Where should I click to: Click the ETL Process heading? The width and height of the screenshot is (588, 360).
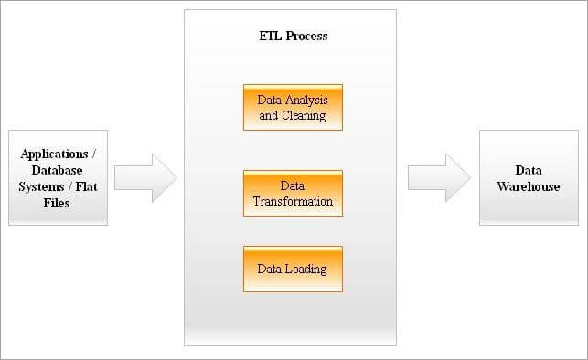pos(294,36)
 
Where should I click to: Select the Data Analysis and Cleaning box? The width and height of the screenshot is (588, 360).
pos(293,108)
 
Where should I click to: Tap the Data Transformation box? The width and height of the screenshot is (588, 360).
pos(293,194)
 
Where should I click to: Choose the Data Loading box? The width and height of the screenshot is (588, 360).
pos(293,269)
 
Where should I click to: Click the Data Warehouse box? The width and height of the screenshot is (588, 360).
pos(529,177)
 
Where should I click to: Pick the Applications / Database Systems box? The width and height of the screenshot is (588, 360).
pos(59,177)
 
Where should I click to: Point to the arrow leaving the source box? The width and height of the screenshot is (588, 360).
pos(145,177)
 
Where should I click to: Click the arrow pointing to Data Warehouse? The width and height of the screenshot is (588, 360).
pos(439,177)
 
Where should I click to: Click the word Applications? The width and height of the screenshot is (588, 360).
pos(54,154)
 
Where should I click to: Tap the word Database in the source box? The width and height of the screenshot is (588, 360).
pos(57,171)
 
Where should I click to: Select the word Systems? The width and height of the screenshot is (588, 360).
pos(41,187)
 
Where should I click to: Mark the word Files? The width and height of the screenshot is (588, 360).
pos(57,203)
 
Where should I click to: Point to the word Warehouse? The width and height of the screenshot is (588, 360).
pos(529,186)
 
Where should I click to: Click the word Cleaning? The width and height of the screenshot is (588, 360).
pos(304,116)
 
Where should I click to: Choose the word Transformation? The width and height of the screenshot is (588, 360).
pos(293,202)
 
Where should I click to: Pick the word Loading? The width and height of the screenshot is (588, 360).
pos(305,270)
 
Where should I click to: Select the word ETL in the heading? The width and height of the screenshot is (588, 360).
pos(271,36)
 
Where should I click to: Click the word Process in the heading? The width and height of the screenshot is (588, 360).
pos(306,36)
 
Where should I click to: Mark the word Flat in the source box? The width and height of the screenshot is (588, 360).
pos(86,186)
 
